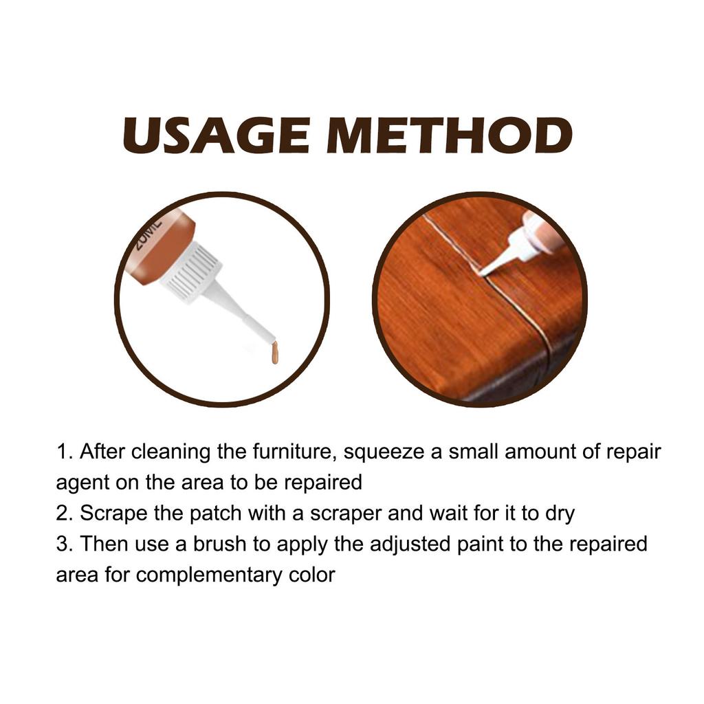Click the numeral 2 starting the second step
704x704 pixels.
point(62,513)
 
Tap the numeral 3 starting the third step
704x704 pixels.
point(62,544)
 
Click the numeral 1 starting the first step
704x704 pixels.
point(62,452)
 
